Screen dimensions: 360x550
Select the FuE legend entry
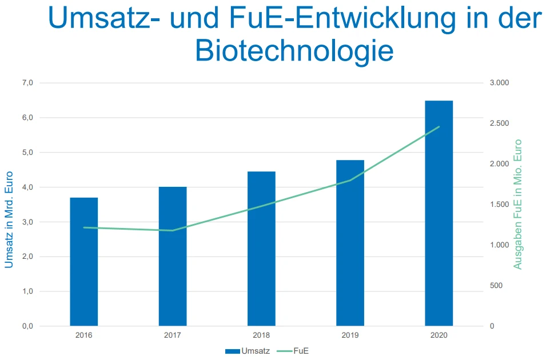(x=297, y=351)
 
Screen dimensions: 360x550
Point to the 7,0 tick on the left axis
(x=27, y=83)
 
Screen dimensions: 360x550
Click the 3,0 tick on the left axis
(x=27, y=222)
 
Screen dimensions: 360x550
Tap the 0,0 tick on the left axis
(x=27, y=326)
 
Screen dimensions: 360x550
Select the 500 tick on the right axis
(x=496, y=286)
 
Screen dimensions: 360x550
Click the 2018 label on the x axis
(x=261, y=335)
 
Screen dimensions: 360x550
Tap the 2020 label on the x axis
(x=439, y=335)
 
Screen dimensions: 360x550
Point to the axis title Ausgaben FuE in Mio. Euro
(x=518, y=205)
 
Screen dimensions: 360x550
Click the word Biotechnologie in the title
(x=294, y=50)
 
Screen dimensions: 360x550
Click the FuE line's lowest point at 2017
(x=173, y=230)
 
